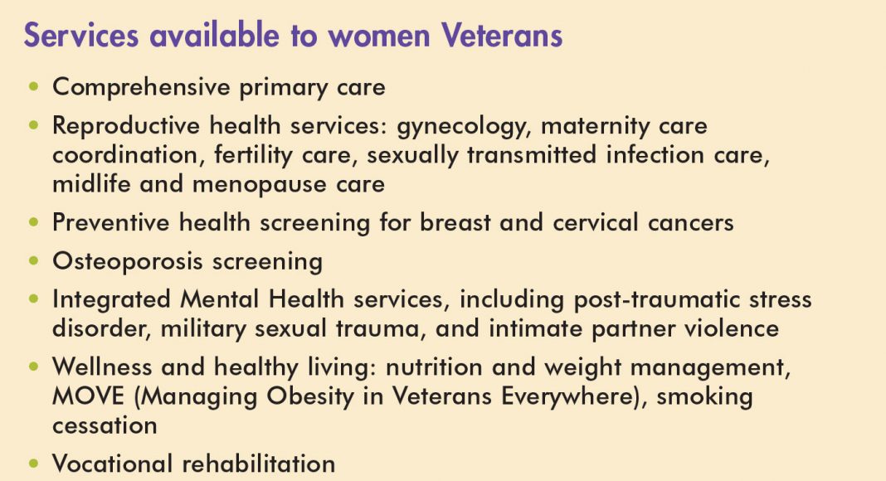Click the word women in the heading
[x=378, y=36]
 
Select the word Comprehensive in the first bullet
[x=141, y=88]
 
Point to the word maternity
[x=595, y=125]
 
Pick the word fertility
[x=253, y=155]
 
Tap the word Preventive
[x=111, y=222]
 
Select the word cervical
[x=596, y=222]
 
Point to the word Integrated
[x=111, y=299]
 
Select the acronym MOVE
[x=88, y=396]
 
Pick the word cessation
[x=105, y=426]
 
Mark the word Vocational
[x=112, y=464]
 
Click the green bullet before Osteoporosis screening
[x=34, y=261]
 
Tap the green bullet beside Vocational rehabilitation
[x=34, y=464]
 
